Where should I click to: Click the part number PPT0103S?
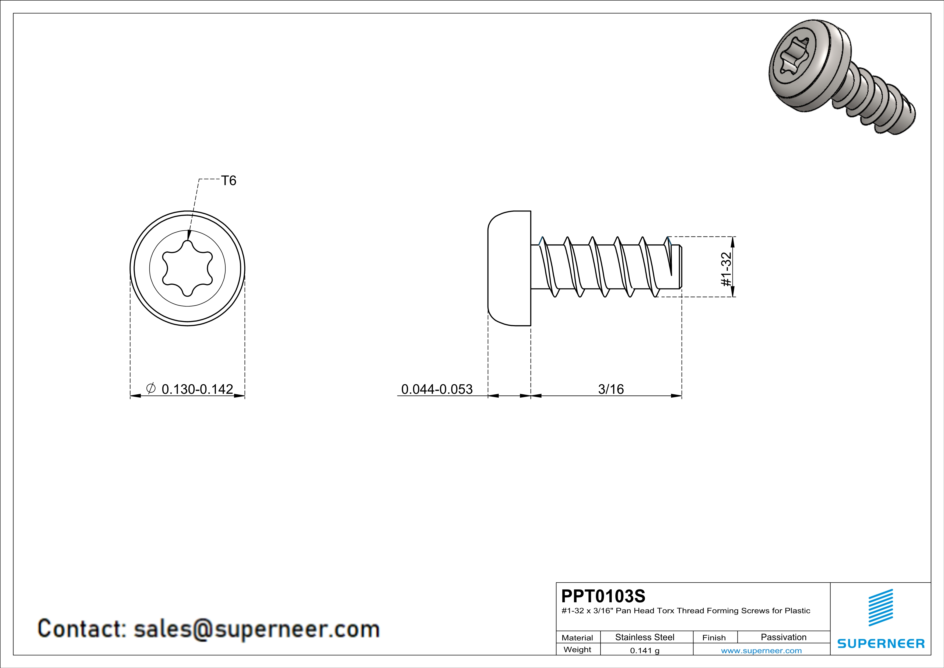tap(603, 596)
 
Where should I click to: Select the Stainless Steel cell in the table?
tap(645, 637)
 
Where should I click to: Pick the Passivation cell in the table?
tap(784, 637)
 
